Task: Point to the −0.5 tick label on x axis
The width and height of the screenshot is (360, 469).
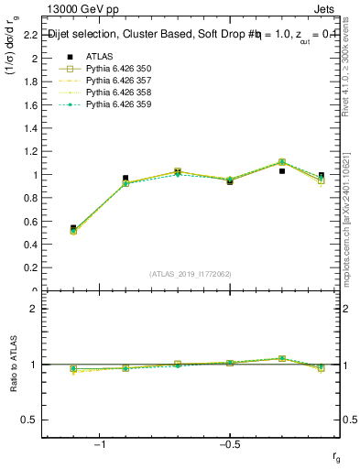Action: click(x=227, y=446)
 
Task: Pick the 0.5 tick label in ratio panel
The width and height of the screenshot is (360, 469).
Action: click(x=29, y=420)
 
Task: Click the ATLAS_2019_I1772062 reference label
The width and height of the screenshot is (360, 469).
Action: click(x=191, y=274)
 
